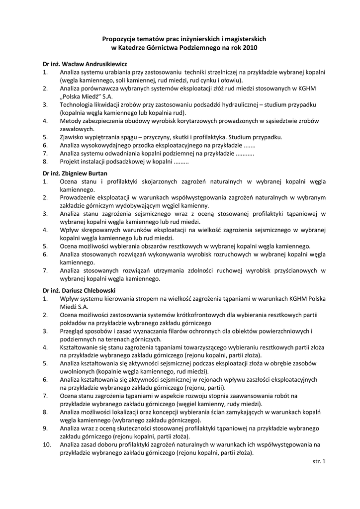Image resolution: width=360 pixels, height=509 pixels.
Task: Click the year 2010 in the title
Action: tap(251, 48)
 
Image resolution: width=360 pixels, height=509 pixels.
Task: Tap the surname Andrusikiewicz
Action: tap(102, 64)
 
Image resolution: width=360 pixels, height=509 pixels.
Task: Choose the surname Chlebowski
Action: tap(99, 290)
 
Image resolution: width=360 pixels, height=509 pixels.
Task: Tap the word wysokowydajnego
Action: tap(105, 145)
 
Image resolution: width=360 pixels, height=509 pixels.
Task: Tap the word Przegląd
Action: tap(72, 331)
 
